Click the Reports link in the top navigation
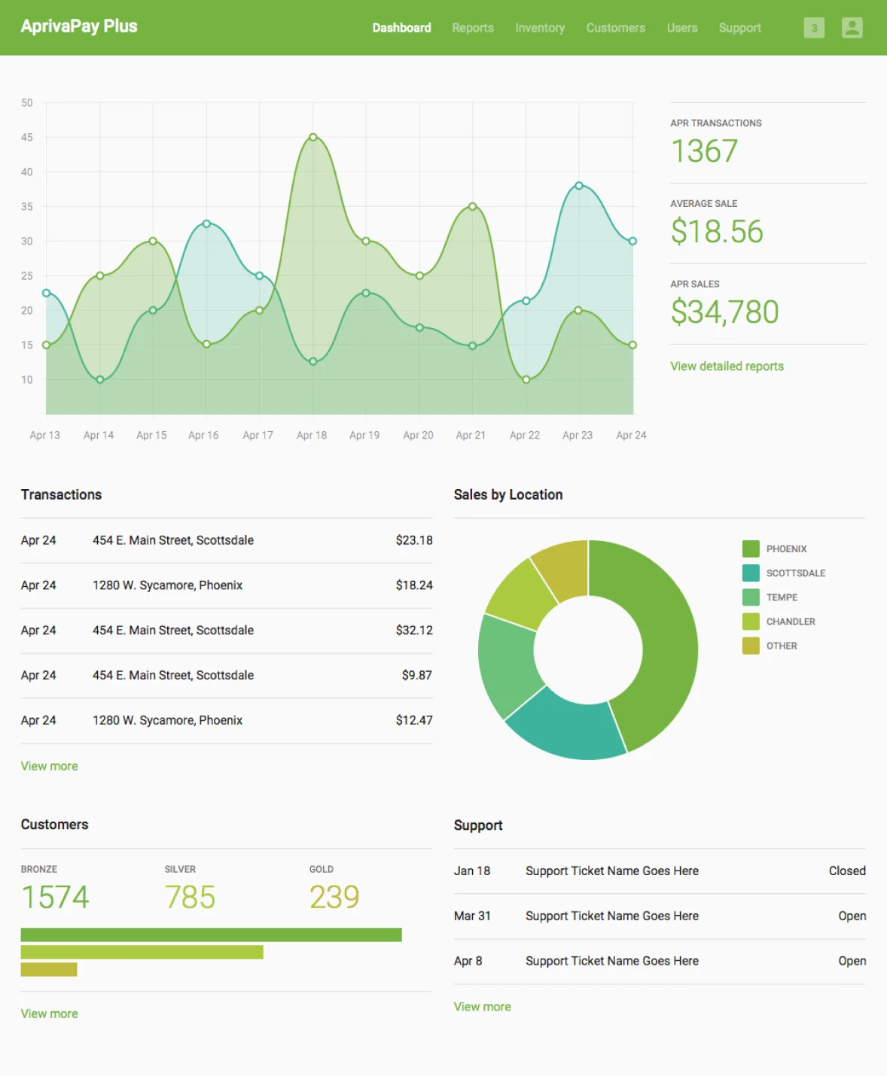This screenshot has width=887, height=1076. click(472, 28)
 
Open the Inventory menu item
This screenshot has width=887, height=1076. click(539, 28)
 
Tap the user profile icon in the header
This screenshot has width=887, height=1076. click(852, 28)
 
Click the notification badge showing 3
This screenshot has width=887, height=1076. click(813, 28)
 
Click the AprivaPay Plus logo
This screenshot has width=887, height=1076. click(79, 26)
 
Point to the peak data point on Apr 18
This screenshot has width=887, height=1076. click(313, 137)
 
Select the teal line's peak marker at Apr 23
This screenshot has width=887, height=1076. click(578, 185)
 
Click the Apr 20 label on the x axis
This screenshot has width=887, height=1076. click(418, 435)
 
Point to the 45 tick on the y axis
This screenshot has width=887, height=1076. click(27, 137)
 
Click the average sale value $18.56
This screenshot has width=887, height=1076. click(717, 231)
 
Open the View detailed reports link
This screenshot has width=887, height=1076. click(727, 366)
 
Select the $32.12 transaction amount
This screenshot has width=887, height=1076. click(414, 630)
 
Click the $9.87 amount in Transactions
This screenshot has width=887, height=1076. click(416, 675)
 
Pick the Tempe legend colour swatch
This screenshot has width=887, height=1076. click(751, 597)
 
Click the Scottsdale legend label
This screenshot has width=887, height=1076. click(795, 573)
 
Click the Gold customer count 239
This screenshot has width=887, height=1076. click(334, 897)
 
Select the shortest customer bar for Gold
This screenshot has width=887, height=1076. click(49, 969)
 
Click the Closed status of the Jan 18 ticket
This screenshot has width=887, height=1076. click(846, 871)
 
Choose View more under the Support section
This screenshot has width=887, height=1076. click(482, 1007)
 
